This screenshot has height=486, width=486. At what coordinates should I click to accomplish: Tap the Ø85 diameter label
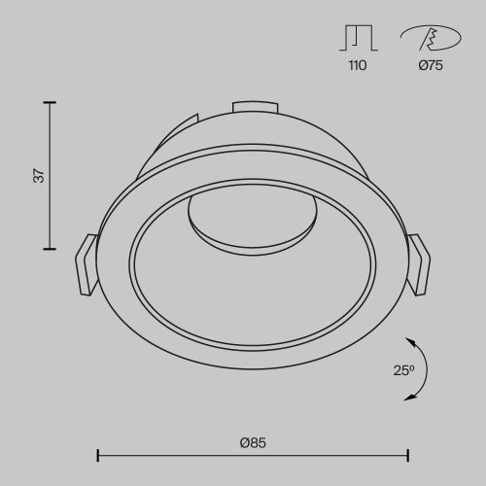point(253,442)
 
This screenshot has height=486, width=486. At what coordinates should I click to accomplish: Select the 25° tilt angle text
point(404,369)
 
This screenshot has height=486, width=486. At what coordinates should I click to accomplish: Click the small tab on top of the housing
point(252,104)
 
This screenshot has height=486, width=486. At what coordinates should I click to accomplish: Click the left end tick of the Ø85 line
point(98,454)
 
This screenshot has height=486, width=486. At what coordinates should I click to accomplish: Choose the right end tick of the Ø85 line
point(408,454)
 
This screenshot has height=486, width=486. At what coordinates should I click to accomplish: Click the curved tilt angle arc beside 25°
point(426,369)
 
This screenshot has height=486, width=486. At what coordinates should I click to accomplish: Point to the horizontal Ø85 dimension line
point(253,454)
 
